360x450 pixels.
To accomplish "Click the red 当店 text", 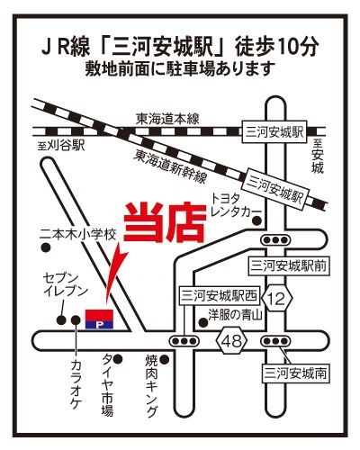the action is pyautogui.click(x=165, y=222).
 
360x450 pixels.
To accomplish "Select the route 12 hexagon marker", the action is pyautogui.click(x=277, y=299).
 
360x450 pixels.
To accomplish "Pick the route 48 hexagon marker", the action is pyautogui.click(x=232, y=341).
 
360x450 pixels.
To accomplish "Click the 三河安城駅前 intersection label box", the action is pyautogui.click(x=289, y=265).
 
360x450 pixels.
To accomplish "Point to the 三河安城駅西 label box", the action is pyautogui.click(x=220, y=296).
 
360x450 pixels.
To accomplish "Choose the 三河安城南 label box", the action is pyautogui.click(x=294, y=373).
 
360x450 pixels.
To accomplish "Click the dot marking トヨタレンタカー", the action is pyautogui.click(x=256, y=221).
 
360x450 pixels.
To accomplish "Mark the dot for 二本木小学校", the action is pyautogui.click(x=45, y=247).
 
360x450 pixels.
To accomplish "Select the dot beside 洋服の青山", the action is pyautogui.click(x=203, y=323).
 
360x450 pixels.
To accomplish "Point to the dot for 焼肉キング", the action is pyautogui.click(x=165, y=359).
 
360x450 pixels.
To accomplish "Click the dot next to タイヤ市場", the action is pyautogui.click(x=118, y=358).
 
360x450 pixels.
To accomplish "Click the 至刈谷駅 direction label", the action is pyautogui.click(x=61, y=146).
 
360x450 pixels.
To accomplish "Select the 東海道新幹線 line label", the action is pyautogui.click(x=171, y=166).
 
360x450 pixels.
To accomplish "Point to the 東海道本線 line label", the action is pyautogui.click(x=167, y=119).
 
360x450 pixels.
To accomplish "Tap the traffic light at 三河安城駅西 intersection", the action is pyautogui.click(x=184, y=341).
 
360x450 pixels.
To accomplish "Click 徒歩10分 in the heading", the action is pyautogui.click(x=276, y=47).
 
